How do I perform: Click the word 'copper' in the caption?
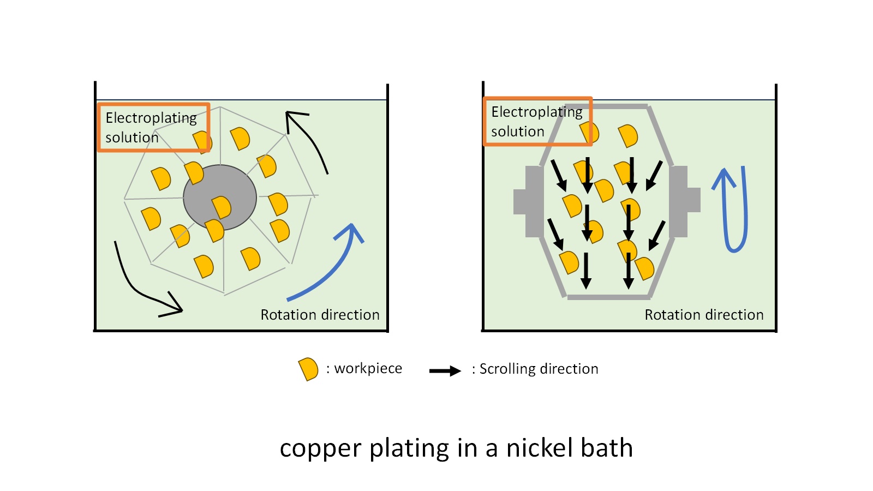[320, 449]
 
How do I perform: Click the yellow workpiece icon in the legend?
[308, 369]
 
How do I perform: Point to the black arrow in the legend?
[445, 371]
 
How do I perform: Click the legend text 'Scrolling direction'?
[539, 369]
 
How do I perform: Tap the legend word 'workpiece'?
[368, 369]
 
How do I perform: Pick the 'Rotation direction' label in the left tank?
[320, 315]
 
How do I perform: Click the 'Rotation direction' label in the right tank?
[704, 315]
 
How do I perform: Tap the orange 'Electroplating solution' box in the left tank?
[153, 127]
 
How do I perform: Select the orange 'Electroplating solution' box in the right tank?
[537, 121]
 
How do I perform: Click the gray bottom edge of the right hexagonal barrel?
[608, 297]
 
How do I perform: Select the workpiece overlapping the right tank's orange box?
[590, 132]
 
